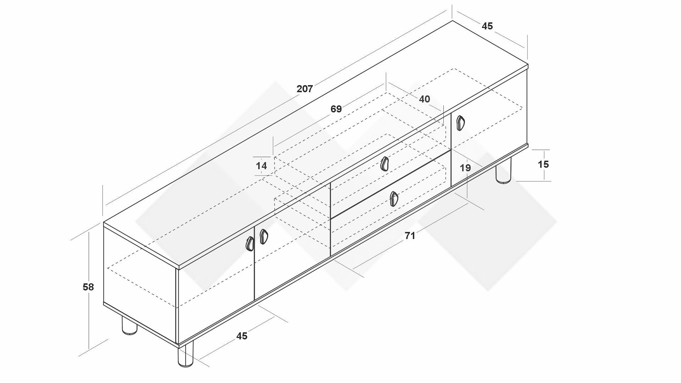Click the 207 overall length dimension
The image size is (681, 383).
pyautogui.click(x=305, y=89)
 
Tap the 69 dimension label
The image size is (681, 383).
pyautogui.click(x=336, y=109)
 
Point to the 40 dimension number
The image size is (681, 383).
pyautogui.click(x=425, y=99)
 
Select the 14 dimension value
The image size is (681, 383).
pyautogui.click(x=261, y=166)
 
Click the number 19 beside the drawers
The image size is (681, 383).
pyautogui.click(x=465, y=168)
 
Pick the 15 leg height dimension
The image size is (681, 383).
pyautogui.click(x=543, y=164)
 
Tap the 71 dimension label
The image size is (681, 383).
pyautogui.click(x=410, y=235)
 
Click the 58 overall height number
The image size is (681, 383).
pyautogui.click(x=88, y=287)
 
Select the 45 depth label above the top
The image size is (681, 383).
pyautogui.click(x=487, y=26)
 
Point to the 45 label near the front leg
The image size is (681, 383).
pyautogui.click(x=242, y=336)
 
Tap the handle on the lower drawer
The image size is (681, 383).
pyautogui.click(x=394, y=199)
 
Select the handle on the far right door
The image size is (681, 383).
pyautogui.click(x=460, y=123)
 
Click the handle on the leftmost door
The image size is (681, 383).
pyautogui.click(x=250, y=244)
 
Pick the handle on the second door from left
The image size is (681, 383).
pyautogui.click(x=264, y=237)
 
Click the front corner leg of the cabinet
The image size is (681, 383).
pyautogui.click(x=186, y=354)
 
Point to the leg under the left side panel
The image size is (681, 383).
pyautogui.click(x=129, y=325)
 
